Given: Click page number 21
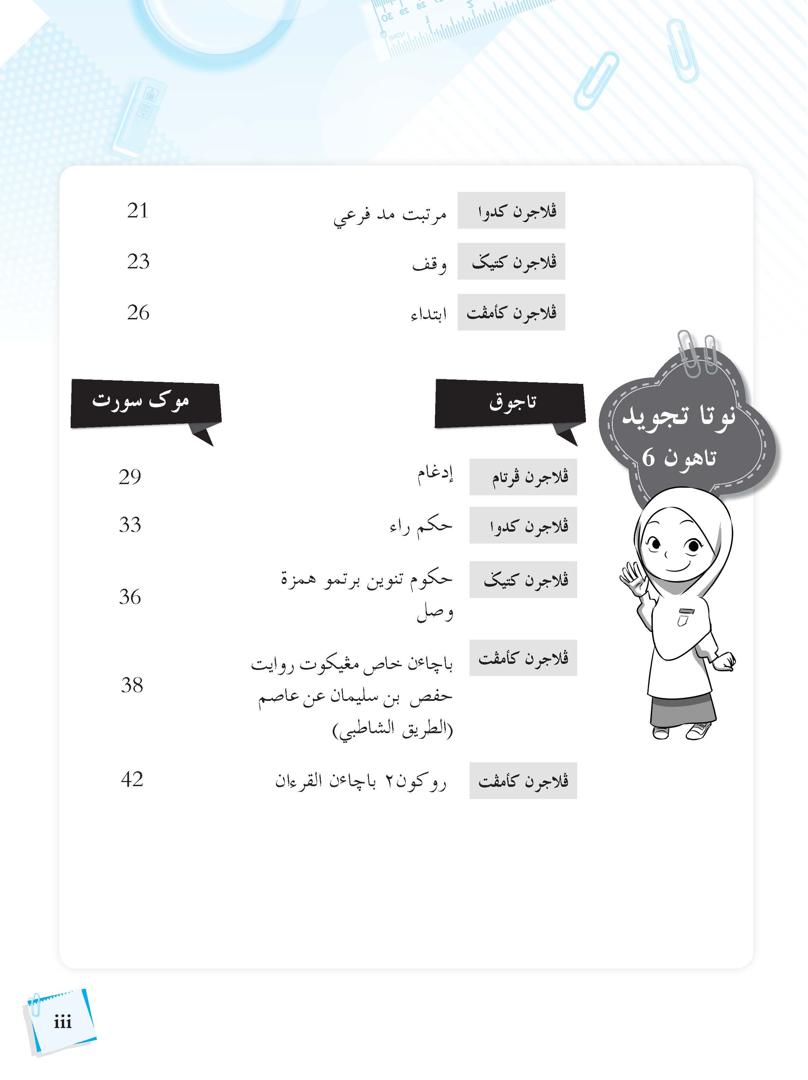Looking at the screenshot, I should click(137, 211).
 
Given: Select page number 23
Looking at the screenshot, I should click(138, 262).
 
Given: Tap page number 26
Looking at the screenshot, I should click(138, 313).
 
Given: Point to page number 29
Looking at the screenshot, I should click(130, 477).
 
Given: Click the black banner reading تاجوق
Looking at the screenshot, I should click(510, 403).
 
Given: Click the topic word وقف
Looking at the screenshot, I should click(429, 264).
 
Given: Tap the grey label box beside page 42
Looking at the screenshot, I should click(523, 781).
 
